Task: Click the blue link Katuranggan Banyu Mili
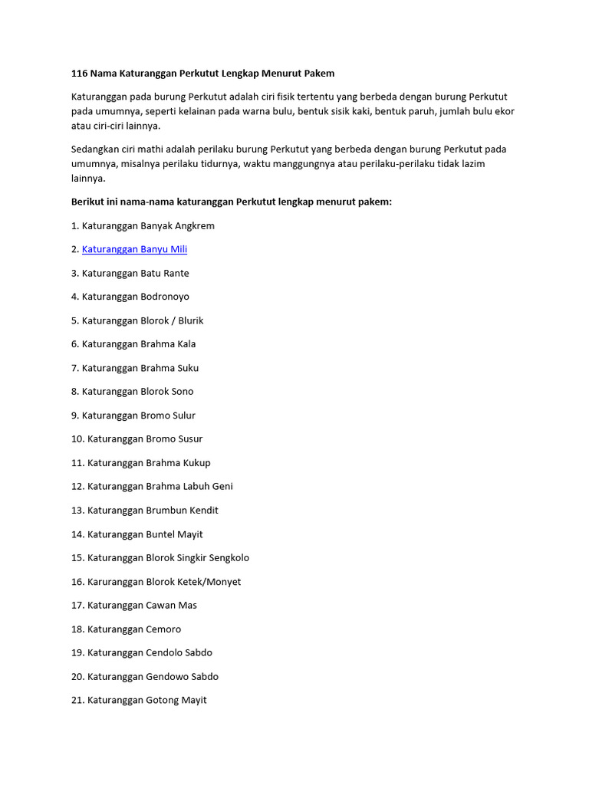(134, 249)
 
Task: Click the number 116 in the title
(79, 74)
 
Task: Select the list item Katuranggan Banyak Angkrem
(143, 226)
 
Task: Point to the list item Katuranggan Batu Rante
(130, 274)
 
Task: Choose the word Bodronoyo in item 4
(165, 297)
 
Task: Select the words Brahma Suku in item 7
(169, 368)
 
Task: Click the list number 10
(77, 439)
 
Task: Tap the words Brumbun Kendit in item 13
(182, 511)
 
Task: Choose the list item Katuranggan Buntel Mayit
(137, 534)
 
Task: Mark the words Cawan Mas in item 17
(171, 606)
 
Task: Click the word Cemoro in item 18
(163, 629)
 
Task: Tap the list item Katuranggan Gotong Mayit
(139, 700)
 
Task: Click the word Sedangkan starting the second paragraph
(96, 149)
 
